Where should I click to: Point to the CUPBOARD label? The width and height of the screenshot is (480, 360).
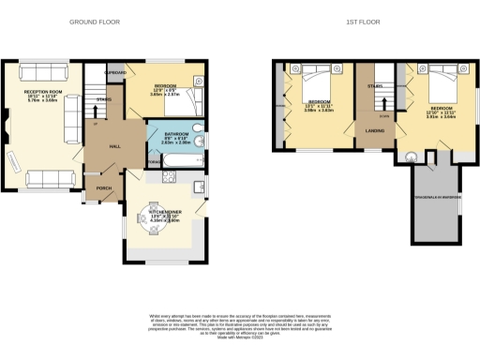coord(115,71)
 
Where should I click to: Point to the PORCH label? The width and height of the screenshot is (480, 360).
coord(104,187)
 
